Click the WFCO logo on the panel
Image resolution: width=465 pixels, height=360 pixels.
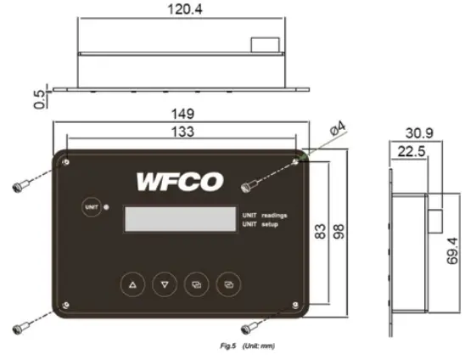(x=179, y=182)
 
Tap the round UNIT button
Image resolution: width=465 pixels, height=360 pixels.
(x=91, y=206)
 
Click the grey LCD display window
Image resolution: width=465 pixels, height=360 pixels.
(x=180, y=218)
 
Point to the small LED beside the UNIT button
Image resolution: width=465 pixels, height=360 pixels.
(x=106, y=206)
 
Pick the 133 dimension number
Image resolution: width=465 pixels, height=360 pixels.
(x=181, y=132)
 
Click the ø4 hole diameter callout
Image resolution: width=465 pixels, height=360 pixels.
(x=337, y=132)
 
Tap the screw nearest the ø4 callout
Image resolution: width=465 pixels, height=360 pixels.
(x=251, y=181)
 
